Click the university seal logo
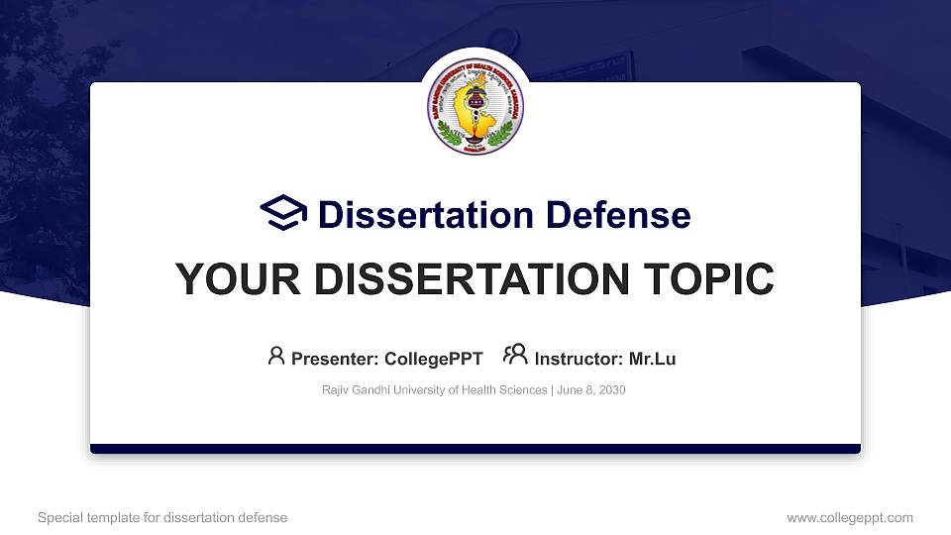pos(475,107)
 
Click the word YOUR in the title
pos(227,279)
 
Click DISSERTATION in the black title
pos(454,279)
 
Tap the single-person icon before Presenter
pos(276,356)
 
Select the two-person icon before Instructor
pos(515,356)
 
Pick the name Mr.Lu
pos(652,359)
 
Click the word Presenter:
pos(333,359)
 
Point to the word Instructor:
pos(579,359)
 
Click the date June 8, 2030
pos(591,390)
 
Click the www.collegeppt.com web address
pos(850,517)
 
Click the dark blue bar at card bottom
pos(475,449)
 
